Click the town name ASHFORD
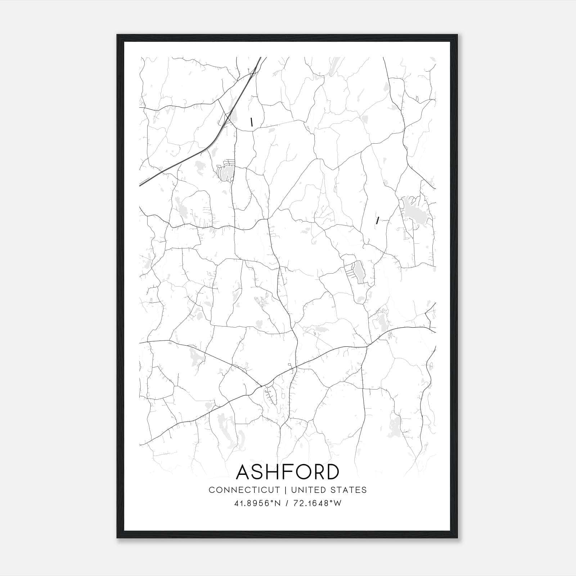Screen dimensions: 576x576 [x=288, y=472]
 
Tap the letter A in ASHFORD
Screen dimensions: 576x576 [x=244, y=472]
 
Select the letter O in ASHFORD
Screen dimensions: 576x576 [x=298, y=472]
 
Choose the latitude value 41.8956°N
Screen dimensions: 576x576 [x=257, y=503]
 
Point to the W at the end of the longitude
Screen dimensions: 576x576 [x=338, y=503]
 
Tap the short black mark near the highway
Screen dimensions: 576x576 [x=252, y=122]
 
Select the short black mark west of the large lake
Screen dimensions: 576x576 [x=377, y=220]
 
